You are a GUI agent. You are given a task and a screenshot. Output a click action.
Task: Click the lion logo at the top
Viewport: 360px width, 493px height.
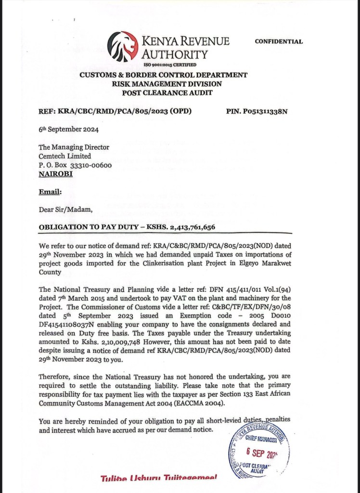[x=122, y=46]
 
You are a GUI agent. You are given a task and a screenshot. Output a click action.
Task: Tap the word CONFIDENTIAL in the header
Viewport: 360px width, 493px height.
[x=279, y=41]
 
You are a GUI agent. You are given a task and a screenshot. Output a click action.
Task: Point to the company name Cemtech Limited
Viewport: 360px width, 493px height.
[x=64, y=156]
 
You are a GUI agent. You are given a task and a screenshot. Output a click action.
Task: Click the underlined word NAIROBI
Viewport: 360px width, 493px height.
[x=55, y=173]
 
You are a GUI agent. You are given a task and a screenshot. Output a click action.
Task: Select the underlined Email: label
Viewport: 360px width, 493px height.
[x=50, y=192]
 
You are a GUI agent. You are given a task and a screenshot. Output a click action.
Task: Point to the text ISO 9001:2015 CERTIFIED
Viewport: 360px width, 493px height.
[x=170, y=65]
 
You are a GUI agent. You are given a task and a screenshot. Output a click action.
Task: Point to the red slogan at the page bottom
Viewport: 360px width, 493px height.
[x=158, y=478]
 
